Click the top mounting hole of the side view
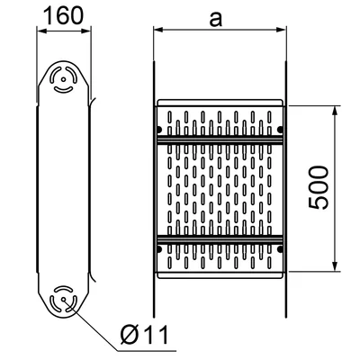coord(65,78)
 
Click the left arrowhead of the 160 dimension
coord(40,31)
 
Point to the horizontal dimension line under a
coord(220,31)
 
